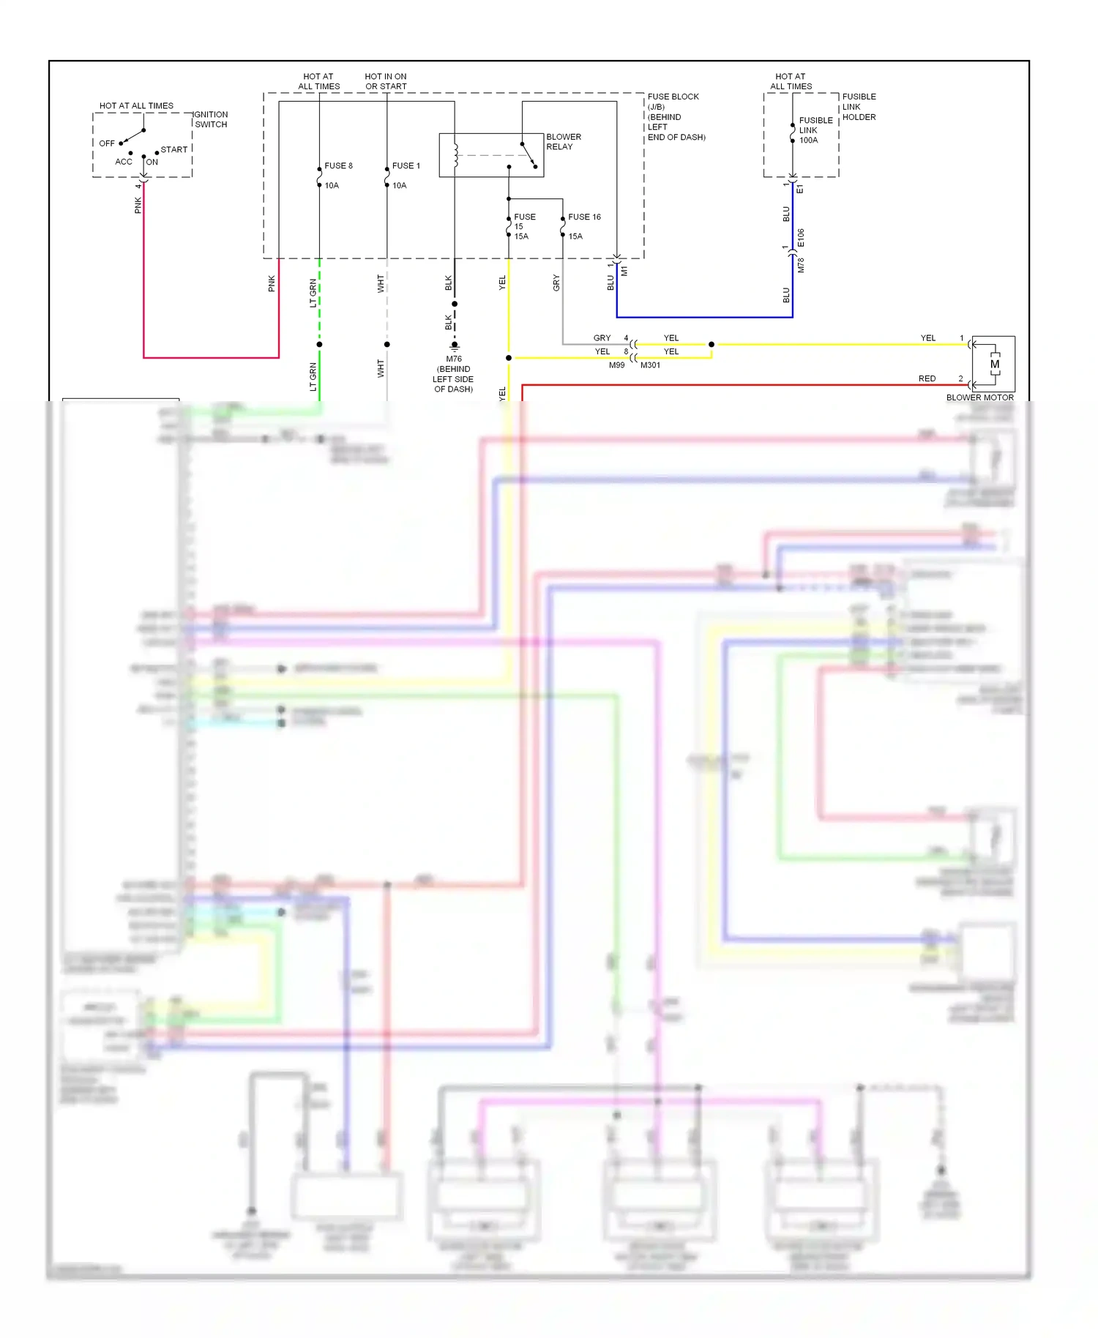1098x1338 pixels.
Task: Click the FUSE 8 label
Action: [338, 165]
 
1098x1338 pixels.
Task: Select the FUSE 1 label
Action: [406, 165]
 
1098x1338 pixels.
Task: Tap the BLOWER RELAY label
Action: [563, 142]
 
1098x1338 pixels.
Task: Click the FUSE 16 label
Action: [584, 217]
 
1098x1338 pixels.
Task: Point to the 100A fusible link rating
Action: [808, 141]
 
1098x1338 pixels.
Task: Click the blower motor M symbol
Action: [994, 364]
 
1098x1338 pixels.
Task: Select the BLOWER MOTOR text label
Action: [979, 397]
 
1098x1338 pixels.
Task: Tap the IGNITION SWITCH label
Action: [211, 119]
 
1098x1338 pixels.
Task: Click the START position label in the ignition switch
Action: [174, 149]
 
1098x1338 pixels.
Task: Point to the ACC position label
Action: [124, 162]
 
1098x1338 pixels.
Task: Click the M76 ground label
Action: [454, 359]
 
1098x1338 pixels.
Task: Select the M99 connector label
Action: [616, 365]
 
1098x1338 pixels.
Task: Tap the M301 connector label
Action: [650, 365]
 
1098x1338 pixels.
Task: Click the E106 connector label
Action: [801, 238]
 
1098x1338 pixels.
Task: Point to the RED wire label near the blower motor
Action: [927, 378]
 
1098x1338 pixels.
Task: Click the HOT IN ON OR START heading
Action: [386, 81]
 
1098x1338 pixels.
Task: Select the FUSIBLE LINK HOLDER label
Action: [859, 107]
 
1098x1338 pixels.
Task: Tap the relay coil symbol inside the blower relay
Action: [456, 154]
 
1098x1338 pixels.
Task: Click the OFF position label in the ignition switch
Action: [107, 143]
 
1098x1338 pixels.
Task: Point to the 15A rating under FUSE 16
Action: [575, 236]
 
